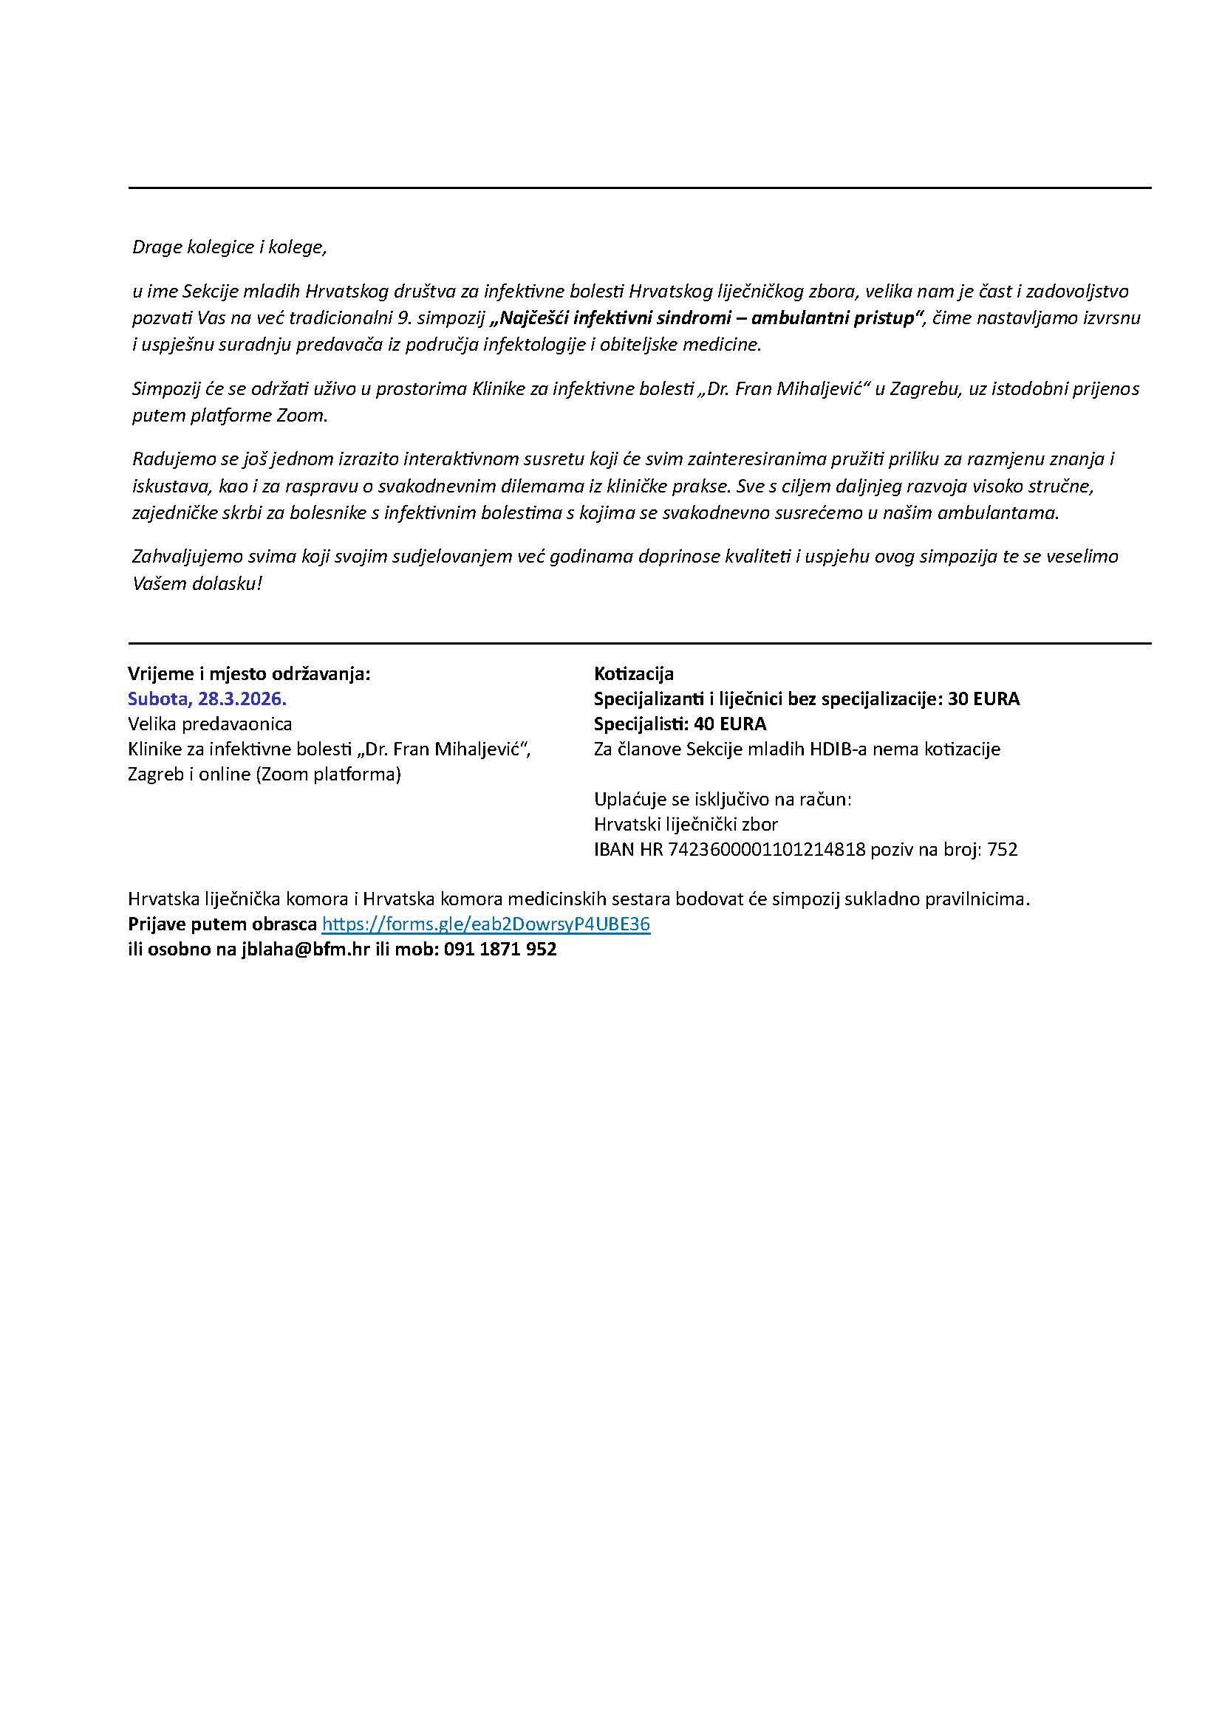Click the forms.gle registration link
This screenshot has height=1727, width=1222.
(485, 924)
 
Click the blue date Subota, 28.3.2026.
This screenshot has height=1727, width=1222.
(208, 698)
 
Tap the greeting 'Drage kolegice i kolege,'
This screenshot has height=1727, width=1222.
(230, 247)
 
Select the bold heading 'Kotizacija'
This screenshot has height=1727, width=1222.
(634, 673)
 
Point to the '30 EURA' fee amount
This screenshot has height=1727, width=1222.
(983, 698)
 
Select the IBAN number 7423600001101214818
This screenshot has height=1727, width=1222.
(767, 850)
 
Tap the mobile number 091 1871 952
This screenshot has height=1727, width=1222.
(500, 950)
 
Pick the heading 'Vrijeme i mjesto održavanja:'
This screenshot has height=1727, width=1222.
(249, 673)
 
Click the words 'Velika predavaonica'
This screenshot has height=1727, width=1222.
(210, 724)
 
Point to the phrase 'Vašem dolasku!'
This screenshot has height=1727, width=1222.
(197, 584)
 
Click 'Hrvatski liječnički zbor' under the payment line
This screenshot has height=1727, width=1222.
(686, 825)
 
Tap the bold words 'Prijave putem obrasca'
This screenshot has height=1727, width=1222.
(222, 924)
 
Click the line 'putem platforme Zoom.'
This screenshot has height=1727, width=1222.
(231, 416)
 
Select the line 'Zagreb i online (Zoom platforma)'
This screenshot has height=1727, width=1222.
(264, 774)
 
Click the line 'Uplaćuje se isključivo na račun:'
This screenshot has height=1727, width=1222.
(723, 799)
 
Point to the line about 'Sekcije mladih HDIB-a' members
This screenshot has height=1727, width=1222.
(797, 749)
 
